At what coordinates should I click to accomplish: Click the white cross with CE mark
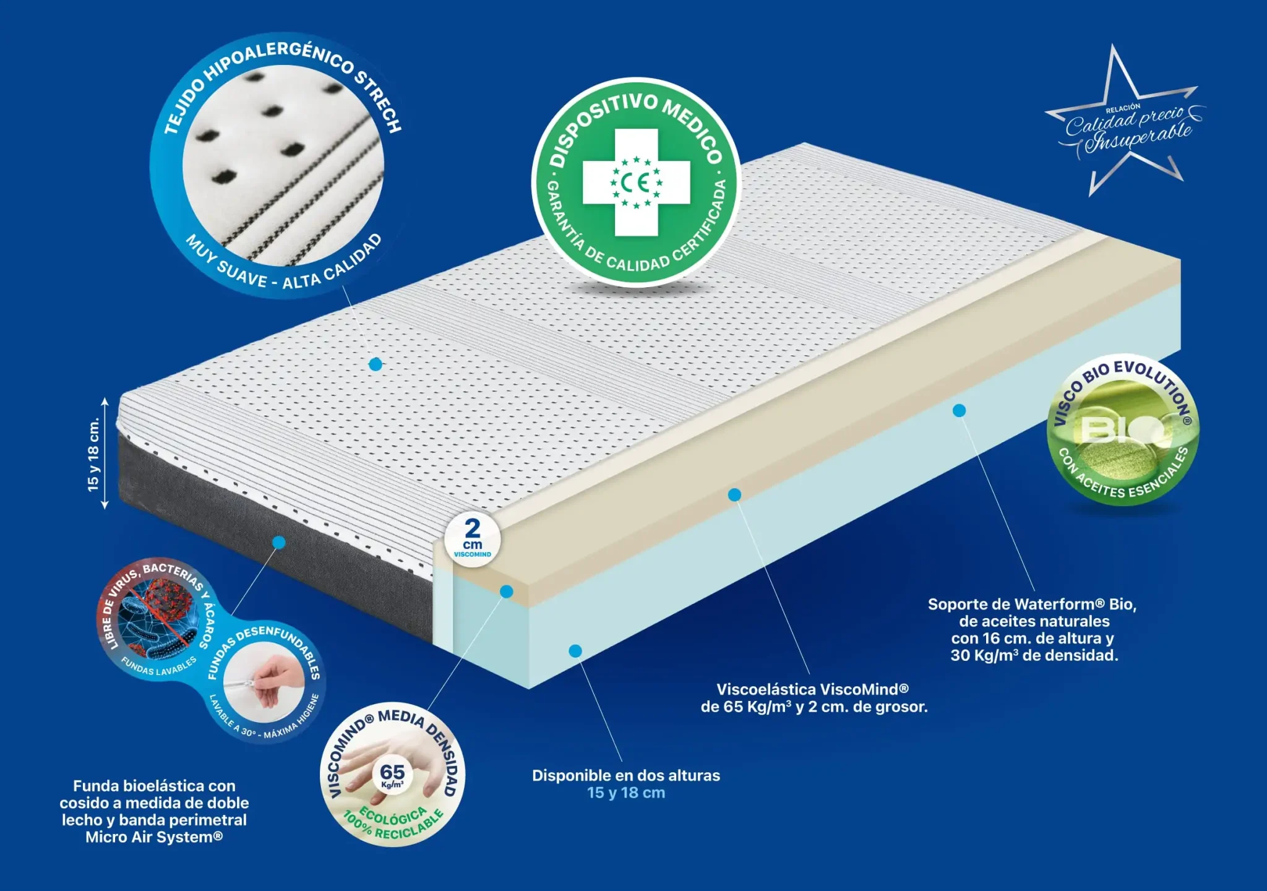click(636, 183)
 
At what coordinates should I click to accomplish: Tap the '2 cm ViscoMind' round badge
click(473, 539)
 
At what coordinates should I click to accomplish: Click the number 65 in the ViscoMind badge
click(392, 772)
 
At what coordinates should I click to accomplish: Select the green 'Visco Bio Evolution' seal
click(1122, 431)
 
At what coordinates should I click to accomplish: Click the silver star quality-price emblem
click(1123, 121)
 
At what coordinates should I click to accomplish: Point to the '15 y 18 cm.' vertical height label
click(93, 454)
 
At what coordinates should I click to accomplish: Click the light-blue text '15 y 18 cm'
click(626, 793)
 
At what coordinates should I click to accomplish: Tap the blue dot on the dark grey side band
click(279, 543)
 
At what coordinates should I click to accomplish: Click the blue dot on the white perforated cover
click(376, 364)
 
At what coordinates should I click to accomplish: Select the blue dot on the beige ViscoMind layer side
click(734, 494)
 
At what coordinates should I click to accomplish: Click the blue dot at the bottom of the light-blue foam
click(575, 651)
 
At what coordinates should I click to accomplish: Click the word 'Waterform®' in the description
click(1060, 604)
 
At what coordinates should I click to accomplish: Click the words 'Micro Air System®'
click(154, 837)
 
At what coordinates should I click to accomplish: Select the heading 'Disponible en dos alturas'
click(626, 775)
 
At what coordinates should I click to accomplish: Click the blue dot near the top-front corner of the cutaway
click(507, 592)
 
